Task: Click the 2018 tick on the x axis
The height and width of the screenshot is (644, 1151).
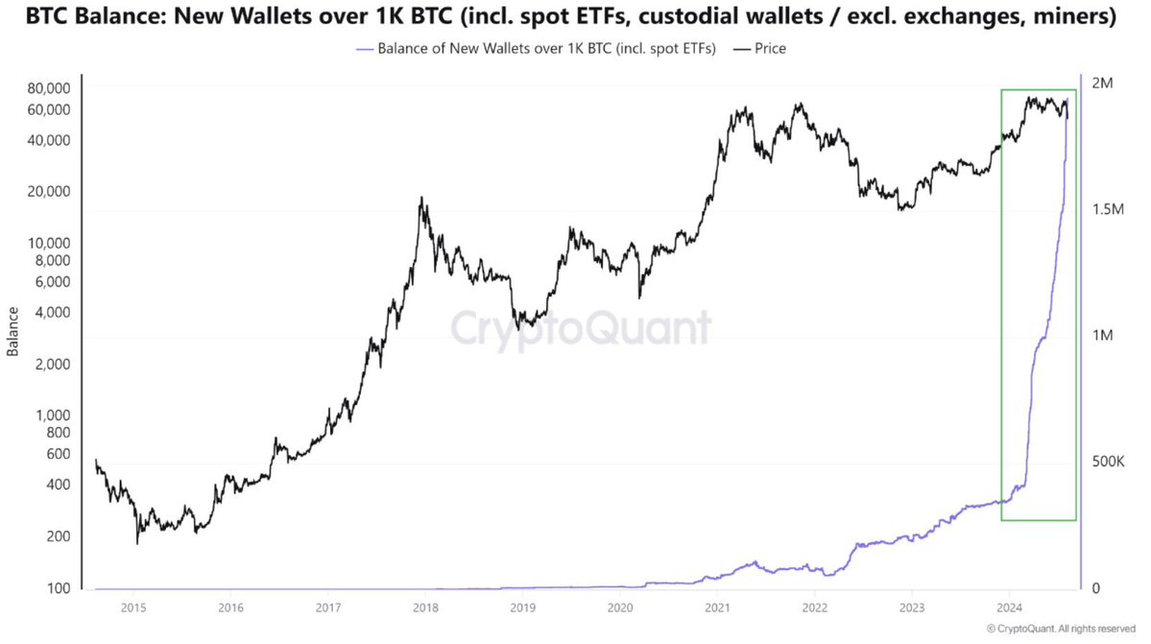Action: [x=426, y=607]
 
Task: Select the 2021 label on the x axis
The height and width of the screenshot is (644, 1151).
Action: [x=718, y=607]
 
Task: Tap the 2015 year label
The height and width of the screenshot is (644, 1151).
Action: [x=133, y=607]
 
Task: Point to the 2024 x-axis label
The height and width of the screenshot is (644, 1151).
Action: [x=1009, y=607]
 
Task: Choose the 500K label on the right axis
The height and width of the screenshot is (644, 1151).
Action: [x=1109, y=462]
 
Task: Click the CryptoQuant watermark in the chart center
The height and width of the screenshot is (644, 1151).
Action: [x=582, y=327]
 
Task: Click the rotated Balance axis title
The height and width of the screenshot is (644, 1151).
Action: [x=13, y=332]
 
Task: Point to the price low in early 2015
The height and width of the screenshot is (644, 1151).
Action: [x=137, y=543]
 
